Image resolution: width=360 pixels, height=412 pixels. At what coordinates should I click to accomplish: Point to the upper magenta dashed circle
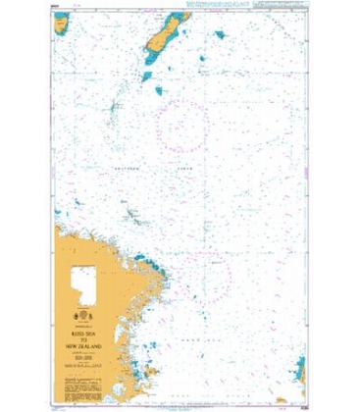coord(183,126)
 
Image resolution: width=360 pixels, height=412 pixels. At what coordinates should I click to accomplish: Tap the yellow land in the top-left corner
coord(61,22)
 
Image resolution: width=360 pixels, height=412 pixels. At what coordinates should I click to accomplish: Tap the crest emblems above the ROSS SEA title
coord(84,316)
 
